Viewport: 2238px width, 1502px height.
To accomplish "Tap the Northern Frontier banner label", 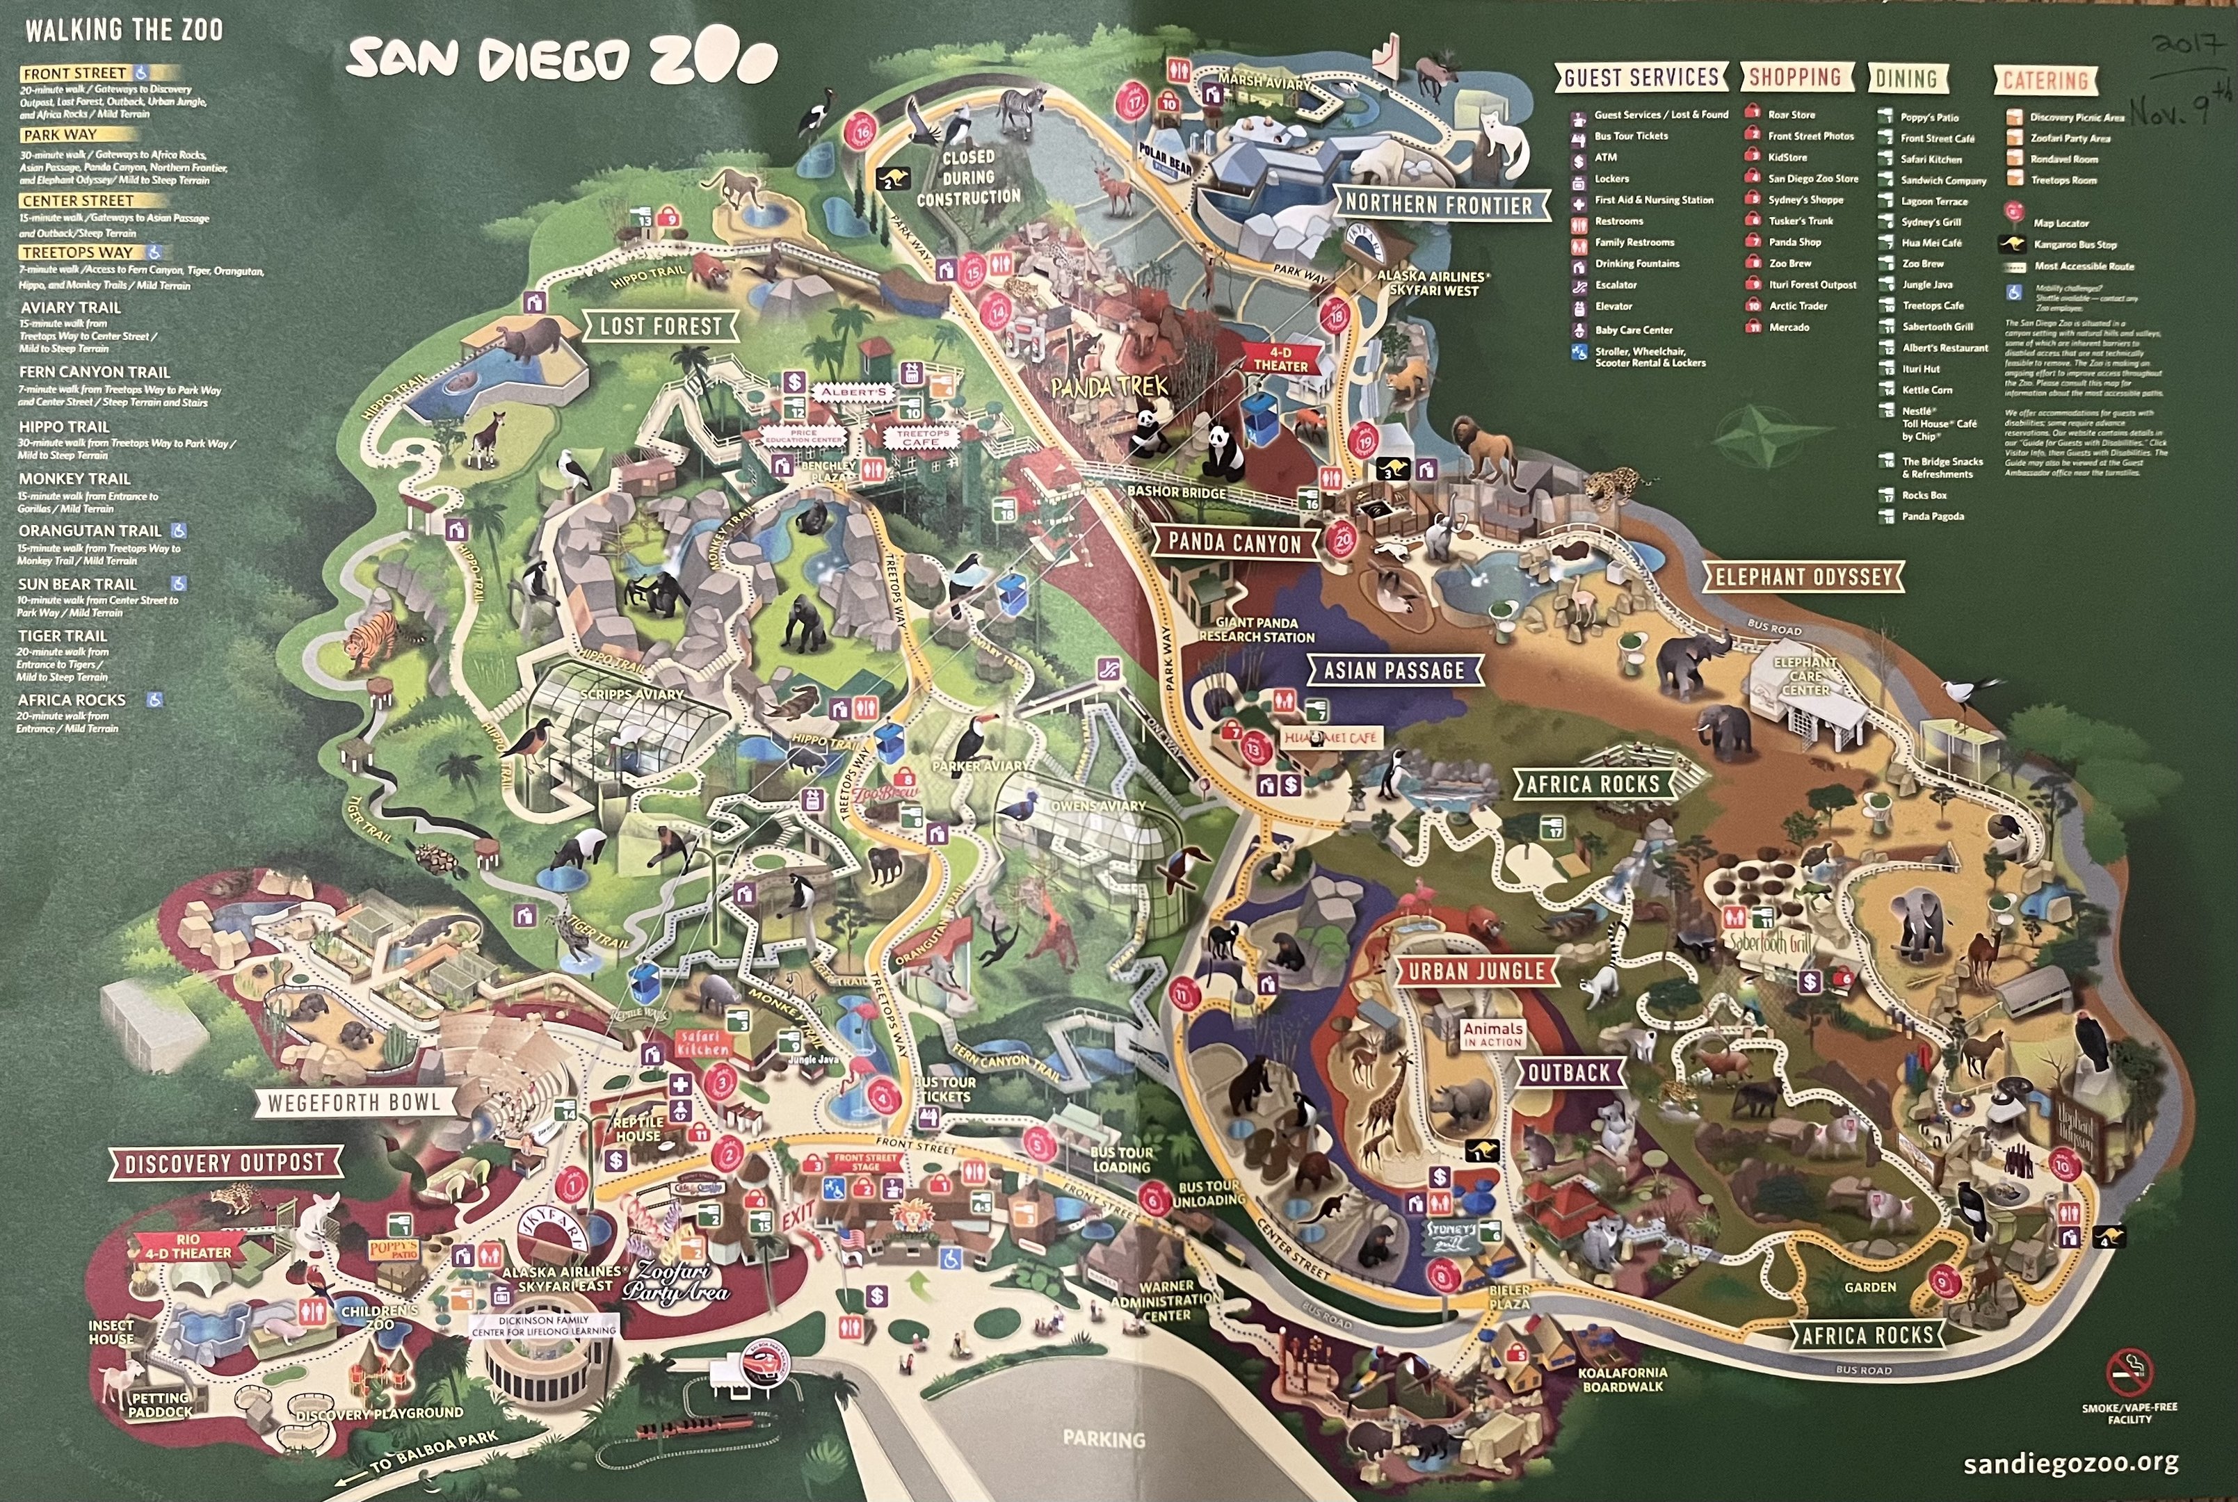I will tap(1438, 204).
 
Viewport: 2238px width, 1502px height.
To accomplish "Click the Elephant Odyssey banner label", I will tap(1803, 576).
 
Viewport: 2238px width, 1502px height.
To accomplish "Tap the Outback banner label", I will tap(1568, 1073).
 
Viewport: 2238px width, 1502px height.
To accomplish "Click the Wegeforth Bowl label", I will tap(353, 1103).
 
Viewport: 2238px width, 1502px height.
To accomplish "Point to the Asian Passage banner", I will tap(1394, 670).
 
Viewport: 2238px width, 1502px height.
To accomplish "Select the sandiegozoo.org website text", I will tap(2070, 1463).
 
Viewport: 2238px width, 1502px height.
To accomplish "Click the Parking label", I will tap(1104, 1439).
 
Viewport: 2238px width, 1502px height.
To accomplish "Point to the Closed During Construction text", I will tap(969, 177).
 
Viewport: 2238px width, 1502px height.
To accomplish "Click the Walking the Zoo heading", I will tap(124, 31).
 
